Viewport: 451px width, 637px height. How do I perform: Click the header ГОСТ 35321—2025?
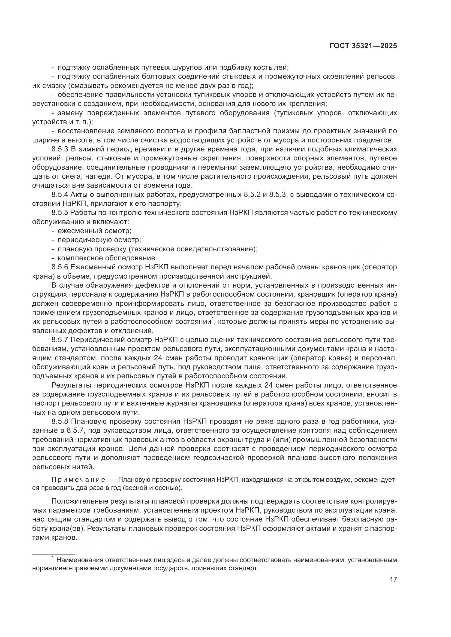tap(363, 46)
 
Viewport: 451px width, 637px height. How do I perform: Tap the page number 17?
tap(393, 579)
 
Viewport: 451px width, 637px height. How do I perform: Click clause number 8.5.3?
tap(60, 149)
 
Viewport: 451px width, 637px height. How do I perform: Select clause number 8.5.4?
tap(60, 194)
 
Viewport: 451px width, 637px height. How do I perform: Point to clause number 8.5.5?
tap(60, 212)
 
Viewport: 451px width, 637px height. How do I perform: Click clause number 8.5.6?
tap(60, 267)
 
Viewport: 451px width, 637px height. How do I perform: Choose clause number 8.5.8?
tap(60, 421)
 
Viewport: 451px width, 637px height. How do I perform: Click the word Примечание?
tap(78, 480)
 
